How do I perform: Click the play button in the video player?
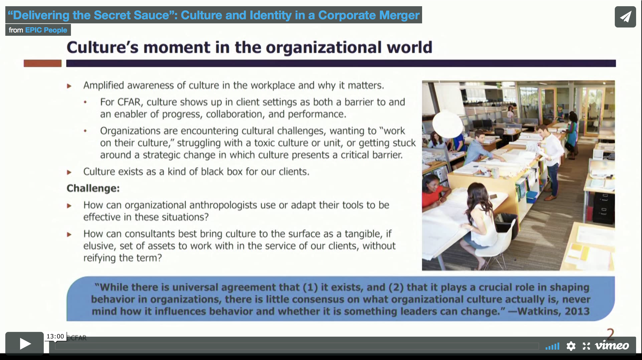point(25,343)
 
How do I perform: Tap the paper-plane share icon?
point(625,17)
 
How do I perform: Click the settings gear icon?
point(571,346)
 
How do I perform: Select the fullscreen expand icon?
point(586,346)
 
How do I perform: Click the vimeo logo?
point(612,346)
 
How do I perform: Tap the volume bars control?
point(552,346)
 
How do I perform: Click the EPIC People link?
point(46,30)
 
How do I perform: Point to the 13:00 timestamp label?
point(55,336)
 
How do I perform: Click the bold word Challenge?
point(93,188)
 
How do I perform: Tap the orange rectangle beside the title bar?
point(43,63)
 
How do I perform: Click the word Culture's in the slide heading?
point(102,47)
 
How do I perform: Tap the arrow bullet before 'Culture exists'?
point(69,172)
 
